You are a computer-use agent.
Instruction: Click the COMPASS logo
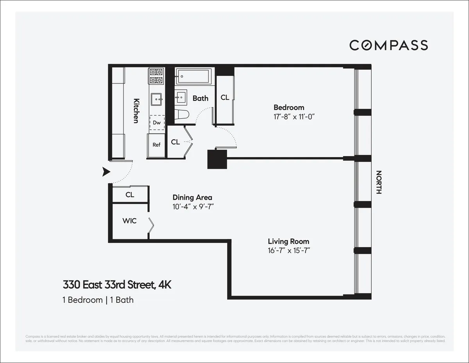(x=388, y=45)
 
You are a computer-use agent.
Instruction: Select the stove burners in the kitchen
(x=156, y=76)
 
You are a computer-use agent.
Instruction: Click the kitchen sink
(x=156, y=98)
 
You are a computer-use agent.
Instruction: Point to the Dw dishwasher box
(x=157, y=123)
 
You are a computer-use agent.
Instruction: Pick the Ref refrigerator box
(x=156, y=145)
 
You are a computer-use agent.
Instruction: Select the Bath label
(x=200, y=98)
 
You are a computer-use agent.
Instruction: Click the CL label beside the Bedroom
(x=225, y=98)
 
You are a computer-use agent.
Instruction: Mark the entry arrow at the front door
(x=106, y=172)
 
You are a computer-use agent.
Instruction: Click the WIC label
(x=129, y=221)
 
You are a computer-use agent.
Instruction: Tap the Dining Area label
(x=192, y=198)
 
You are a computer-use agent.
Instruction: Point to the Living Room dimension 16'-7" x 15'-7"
(x=288, y=251)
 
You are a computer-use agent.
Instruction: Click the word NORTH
(x=378, y=182)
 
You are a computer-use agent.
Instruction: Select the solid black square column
(x=217, y=159)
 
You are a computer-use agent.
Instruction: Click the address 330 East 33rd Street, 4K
(x=117, y=285)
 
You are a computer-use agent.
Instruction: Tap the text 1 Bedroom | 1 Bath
(x=98, y=300)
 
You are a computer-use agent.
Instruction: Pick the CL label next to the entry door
(x=130, y=195)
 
